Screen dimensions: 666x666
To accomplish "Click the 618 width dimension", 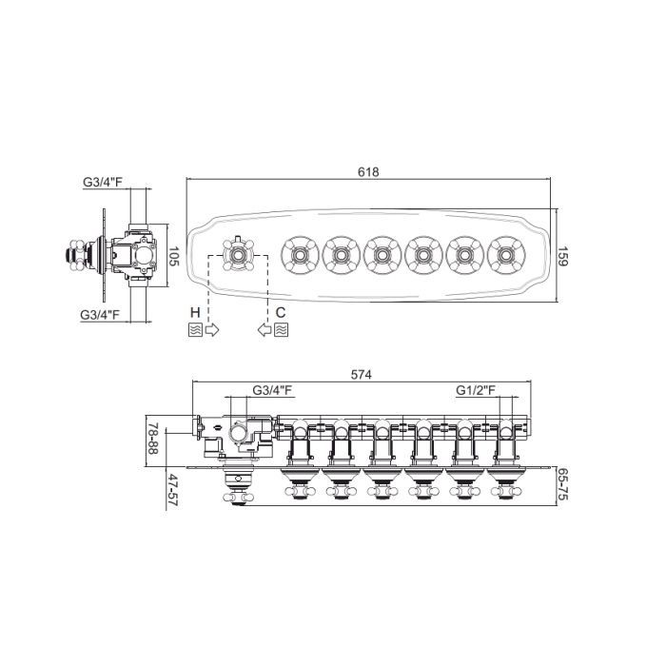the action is [368, 172].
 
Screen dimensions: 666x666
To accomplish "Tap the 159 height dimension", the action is [562, 256].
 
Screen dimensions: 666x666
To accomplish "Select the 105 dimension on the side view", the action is [174, 256].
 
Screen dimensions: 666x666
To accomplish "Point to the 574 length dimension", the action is [362, 375].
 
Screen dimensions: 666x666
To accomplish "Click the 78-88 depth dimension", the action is [152, 439].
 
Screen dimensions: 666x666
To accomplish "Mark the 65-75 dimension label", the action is [562, 484].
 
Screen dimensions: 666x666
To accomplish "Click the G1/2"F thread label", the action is [476, 390].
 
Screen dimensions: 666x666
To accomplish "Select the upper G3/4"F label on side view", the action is [103, 183].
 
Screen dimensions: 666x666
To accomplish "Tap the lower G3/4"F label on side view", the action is [100, 315].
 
